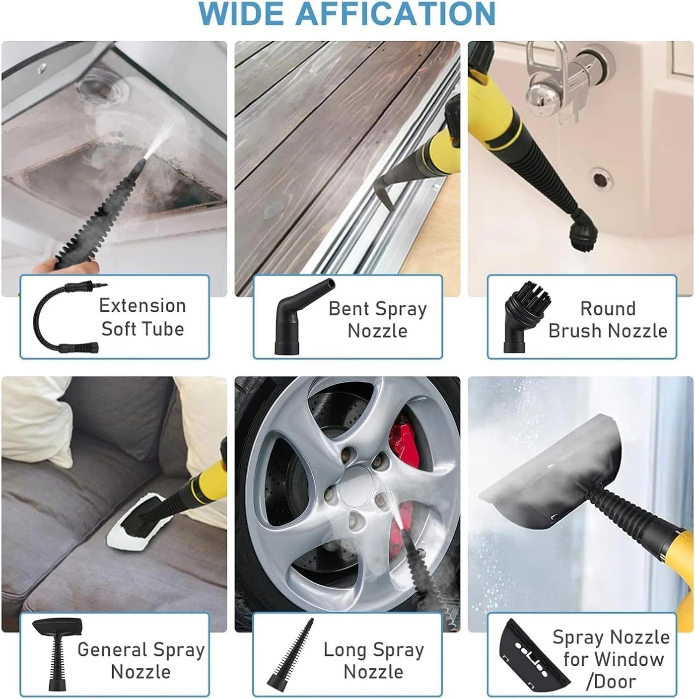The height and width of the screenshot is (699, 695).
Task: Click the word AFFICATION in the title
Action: pos(396,13)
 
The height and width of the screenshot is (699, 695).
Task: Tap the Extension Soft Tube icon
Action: pos(67,317)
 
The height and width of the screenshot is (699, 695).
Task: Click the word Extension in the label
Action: pos(142,306)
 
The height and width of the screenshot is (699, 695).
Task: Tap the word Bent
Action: pos(349,309)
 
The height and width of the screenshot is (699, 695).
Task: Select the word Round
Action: pos(608,309)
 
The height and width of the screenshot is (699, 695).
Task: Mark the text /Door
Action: pos(611,682)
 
